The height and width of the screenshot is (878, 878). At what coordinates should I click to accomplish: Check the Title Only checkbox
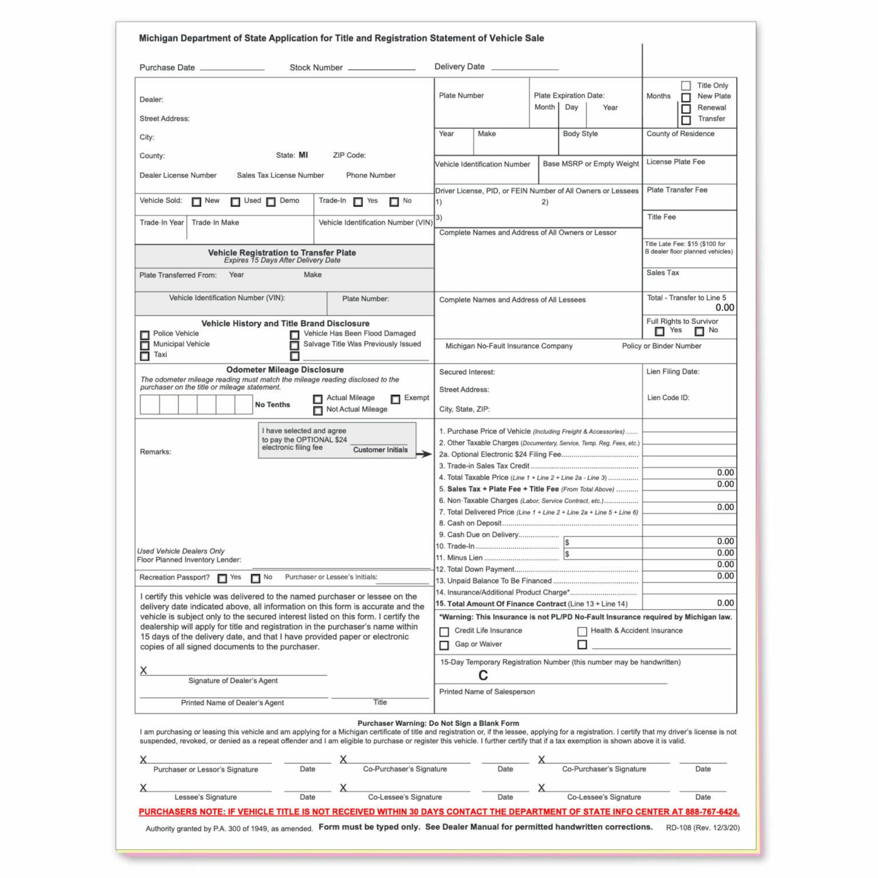coord(686,86)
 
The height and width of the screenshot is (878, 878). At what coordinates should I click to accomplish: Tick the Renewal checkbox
coord(686,109)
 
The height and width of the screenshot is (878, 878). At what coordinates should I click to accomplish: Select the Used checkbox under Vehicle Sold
coord(236,202)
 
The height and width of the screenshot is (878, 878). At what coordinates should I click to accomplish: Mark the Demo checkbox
coord(271,202)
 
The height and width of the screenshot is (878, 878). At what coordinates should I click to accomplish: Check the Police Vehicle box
coord(145,335)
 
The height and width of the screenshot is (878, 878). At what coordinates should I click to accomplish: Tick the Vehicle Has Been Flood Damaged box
coord(294,335)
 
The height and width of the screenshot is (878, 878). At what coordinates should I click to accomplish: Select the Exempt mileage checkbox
coord(396,399)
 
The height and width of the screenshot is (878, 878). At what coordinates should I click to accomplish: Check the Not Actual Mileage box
coord(318,410)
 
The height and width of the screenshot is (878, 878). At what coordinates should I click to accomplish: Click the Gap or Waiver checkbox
coord(444,645)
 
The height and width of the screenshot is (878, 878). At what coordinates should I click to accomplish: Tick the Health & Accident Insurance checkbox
coord(582,632)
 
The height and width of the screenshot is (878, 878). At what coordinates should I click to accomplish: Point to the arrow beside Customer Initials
coord(424,454)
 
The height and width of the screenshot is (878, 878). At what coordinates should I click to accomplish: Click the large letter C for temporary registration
coord(483,676)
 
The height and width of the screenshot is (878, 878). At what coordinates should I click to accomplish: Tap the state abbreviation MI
coord(303,155)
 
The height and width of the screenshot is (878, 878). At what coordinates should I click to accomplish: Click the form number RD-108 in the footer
coord(679,828)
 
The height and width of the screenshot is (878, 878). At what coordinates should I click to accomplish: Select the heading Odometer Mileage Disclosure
coord(285,370)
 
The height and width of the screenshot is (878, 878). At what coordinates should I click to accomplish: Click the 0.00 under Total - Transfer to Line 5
coord(724,308)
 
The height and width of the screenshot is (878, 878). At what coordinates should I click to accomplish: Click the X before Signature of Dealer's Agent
coord(143,671)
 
